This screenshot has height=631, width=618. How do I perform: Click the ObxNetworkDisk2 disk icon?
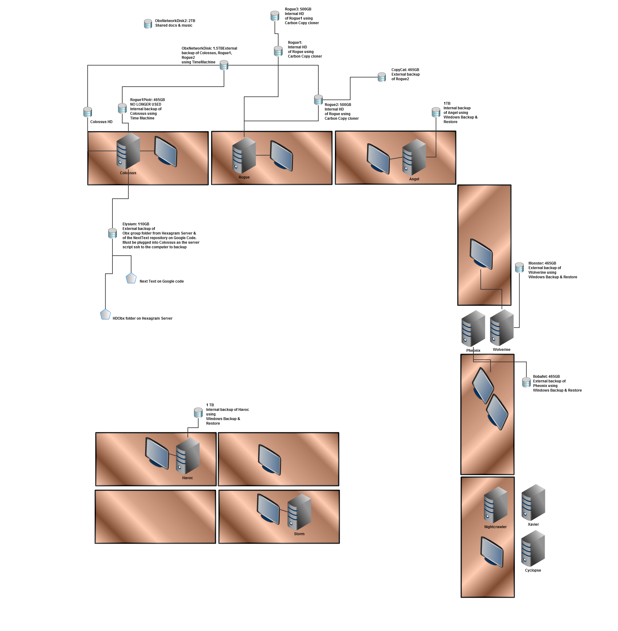point(148,24)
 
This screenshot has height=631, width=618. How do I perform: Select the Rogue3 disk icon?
point(275,16)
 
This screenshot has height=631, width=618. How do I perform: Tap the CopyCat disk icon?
point(381,77)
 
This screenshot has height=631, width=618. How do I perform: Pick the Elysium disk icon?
point(112,233)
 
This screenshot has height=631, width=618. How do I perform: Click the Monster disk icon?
point(519,268)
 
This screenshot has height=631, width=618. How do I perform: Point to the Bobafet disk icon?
point(526,382)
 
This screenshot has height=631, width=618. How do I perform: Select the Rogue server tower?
point(244,155)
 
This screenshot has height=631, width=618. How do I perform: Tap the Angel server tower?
point(414,157)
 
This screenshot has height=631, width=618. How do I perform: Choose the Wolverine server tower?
point(502,328)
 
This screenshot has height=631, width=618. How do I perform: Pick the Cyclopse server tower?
point(533,548)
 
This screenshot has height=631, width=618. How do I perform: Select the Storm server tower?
point(299,512)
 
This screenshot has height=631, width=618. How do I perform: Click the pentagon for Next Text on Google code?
point(131,278)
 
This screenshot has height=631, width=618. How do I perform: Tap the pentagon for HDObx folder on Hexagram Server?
point(105,314)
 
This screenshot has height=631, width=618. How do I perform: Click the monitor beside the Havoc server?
point(157,453)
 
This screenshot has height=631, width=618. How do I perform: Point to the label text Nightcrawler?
point(495,527)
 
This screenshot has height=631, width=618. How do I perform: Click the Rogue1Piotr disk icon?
point(122,108)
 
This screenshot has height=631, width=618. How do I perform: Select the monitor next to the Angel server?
point(378,159)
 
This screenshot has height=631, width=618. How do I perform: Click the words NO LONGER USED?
point(146,104)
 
